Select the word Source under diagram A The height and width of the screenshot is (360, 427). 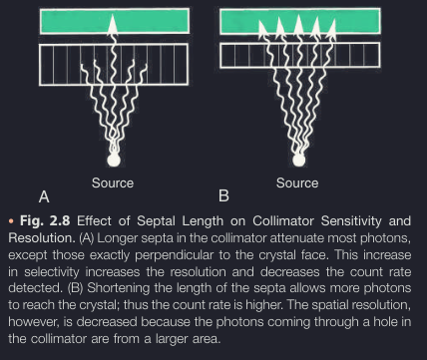[x=113, y=183]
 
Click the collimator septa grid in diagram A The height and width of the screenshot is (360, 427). [x=113, y=63]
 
